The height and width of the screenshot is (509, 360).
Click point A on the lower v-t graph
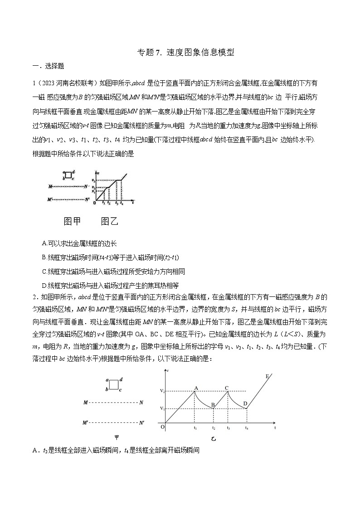click(x=195, y=391)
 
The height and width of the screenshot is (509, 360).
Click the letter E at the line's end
click(x=267, y=376)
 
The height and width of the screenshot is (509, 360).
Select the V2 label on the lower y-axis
click(x=161, y=391)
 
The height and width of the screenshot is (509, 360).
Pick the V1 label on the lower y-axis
click(x=161, y=408)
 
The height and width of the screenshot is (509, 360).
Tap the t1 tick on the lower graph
click(x=195, y=428)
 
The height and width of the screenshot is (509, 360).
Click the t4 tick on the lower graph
click(x=247, y=428)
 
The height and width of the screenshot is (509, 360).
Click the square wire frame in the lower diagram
click(x=114, y=384)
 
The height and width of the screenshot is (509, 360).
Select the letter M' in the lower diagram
click(x=85, y=422)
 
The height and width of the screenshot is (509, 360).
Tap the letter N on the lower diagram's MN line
click(x=141, y=402)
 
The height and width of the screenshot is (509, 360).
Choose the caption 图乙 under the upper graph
click(x=109, y=221)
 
